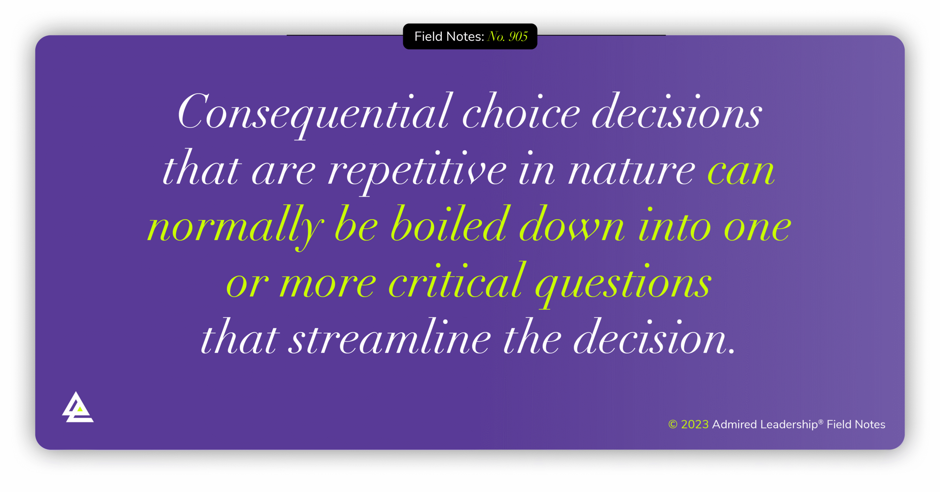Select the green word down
click(x=571, y=226)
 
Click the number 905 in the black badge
click(x=518, y=36)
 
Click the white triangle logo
click(x=77, y=408)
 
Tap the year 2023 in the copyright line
click(x=694, y=424)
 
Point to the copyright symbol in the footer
click(x=672, y=424)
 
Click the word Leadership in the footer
click(x=789, y=424)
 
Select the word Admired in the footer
click(x=734, y=424)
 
